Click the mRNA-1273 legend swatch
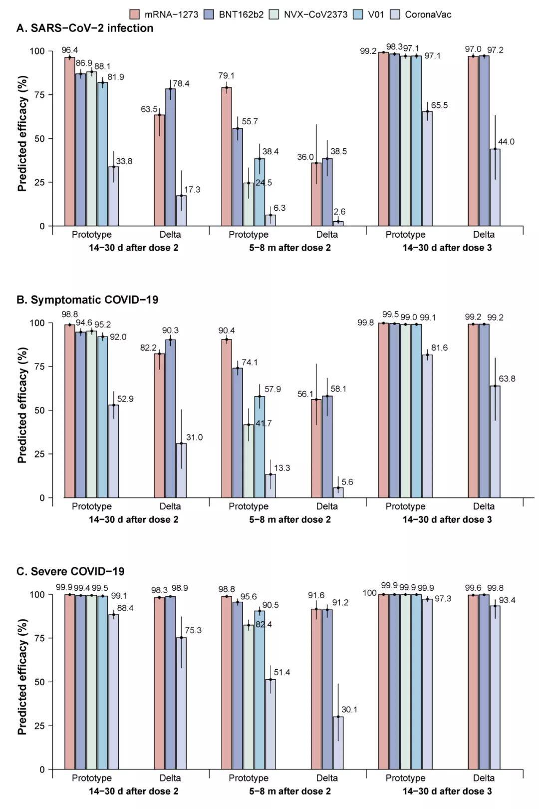point(134,14)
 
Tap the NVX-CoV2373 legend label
point(315,14)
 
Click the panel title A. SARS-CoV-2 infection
point(85,28)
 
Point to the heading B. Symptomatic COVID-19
point(87,300)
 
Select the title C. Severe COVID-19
point(70,571)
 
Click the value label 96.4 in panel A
point(70,50)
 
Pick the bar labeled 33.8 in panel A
point(113,196)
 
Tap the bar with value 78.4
point(170,157)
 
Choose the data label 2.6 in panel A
point(339,212)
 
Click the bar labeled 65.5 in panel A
point(427,168)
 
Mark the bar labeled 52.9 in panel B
point(113,451)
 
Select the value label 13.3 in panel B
point(281,468)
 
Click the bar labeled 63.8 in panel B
point(495,441)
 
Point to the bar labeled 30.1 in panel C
point(338,743)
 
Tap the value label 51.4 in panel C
point(281,673)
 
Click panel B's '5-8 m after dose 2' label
point(290,519)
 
